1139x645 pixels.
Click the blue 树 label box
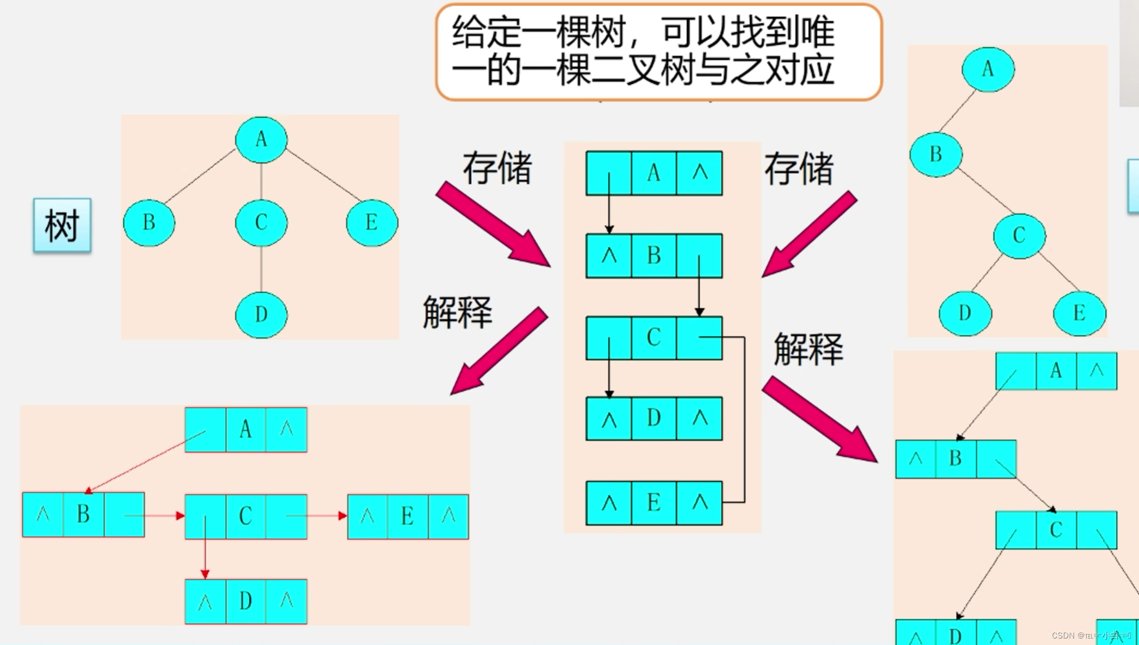tap(62, 225)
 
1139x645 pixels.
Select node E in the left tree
tap(372, 223)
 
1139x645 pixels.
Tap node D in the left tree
tap(261, 315)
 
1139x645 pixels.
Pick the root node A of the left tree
tap(261, 140)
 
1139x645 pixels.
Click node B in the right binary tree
tap(936, 155)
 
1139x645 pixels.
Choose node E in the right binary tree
tap(1079, 314)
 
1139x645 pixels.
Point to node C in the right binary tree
tap(1019, 236)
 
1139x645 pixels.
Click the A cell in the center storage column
tap(653, 173)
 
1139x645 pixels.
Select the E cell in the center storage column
tap(653, 503)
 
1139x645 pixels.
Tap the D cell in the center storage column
tap(653, 418)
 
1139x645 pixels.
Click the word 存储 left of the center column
tap(497, 168)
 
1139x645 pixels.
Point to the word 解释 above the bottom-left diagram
tap(457, 312)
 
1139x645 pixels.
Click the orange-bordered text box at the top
tap(658, 52)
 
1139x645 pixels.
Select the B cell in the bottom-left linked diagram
tap(83, 515)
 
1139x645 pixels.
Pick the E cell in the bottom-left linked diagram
tap(407, 516)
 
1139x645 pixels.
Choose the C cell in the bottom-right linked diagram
tap(1056, 530)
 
